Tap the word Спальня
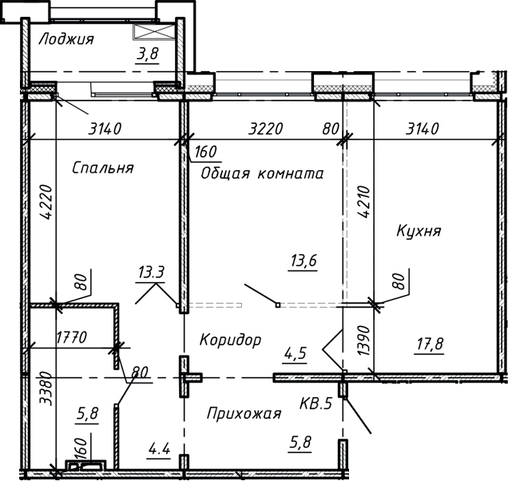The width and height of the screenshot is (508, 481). tap(102, 168)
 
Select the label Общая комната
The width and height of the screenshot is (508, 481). tap(262, 173)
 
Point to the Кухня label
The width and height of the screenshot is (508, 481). tap(419, 231)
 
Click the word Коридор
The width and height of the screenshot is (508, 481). tap(231, 340)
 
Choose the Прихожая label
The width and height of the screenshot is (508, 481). tap(244, 413)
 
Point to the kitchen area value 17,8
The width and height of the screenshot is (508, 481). tap(430, 346)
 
